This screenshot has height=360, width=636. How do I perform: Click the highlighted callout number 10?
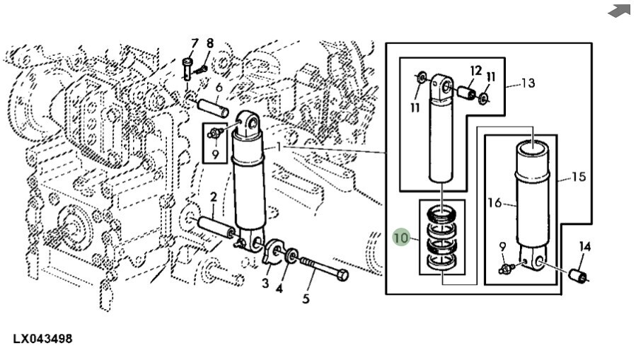(x=400, y=238)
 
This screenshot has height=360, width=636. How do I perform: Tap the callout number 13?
(x=528, y=83)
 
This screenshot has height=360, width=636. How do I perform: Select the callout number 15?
(x=579, y=177)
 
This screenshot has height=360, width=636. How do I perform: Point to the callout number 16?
(x=495, y=202)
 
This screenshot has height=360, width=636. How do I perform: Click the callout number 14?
(x=584, y=246)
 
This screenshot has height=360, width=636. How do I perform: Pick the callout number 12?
(x=476, y=71)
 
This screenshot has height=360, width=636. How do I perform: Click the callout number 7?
(x=195, y=43)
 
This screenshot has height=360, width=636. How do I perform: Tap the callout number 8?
(x=209, y=43)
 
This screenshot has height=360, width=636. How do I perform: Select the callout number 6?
(x=219, y=87)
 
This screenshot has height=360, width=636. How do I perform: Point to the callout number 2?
(x=214, y=197)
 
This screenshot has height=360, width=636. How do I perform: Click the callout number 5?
(x=306, y=298)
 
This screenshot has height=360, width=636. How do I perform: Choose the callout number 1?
(x=279, y=146)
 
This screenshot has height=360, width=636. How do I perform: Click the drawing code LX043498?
(x=42, y=339)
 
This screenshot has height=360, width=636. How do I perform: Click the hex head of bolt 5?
(x=342, y=275)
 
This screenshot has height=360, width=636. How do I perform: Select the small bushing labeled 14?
(x=577, y=276)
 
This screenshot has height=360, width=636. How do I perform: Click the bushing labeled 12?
(x=467, y=92)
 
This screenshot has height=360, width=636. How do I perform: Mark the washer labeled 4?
(x=291, y=255)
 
